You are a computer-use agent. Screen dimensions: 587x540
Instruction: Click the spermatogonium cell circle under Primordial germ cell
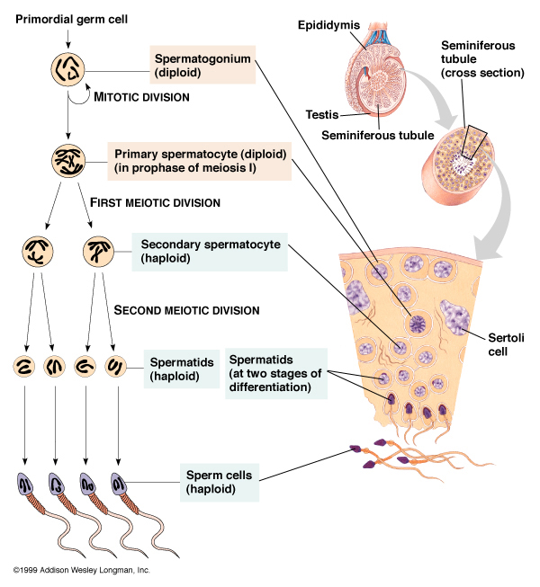[67, 71]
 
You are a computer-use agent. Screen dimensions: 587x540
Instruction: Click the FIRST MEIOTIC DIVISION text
[155, 203]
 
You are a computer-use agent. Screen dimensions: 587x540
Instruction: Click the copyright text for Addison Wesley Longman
[81, 571]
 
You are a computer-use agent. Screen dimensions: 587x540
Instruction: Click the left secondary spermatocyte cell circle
[37, 253]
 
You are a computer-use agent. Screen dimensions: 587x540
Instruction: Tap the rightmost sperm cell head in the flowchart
[119, 485]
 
